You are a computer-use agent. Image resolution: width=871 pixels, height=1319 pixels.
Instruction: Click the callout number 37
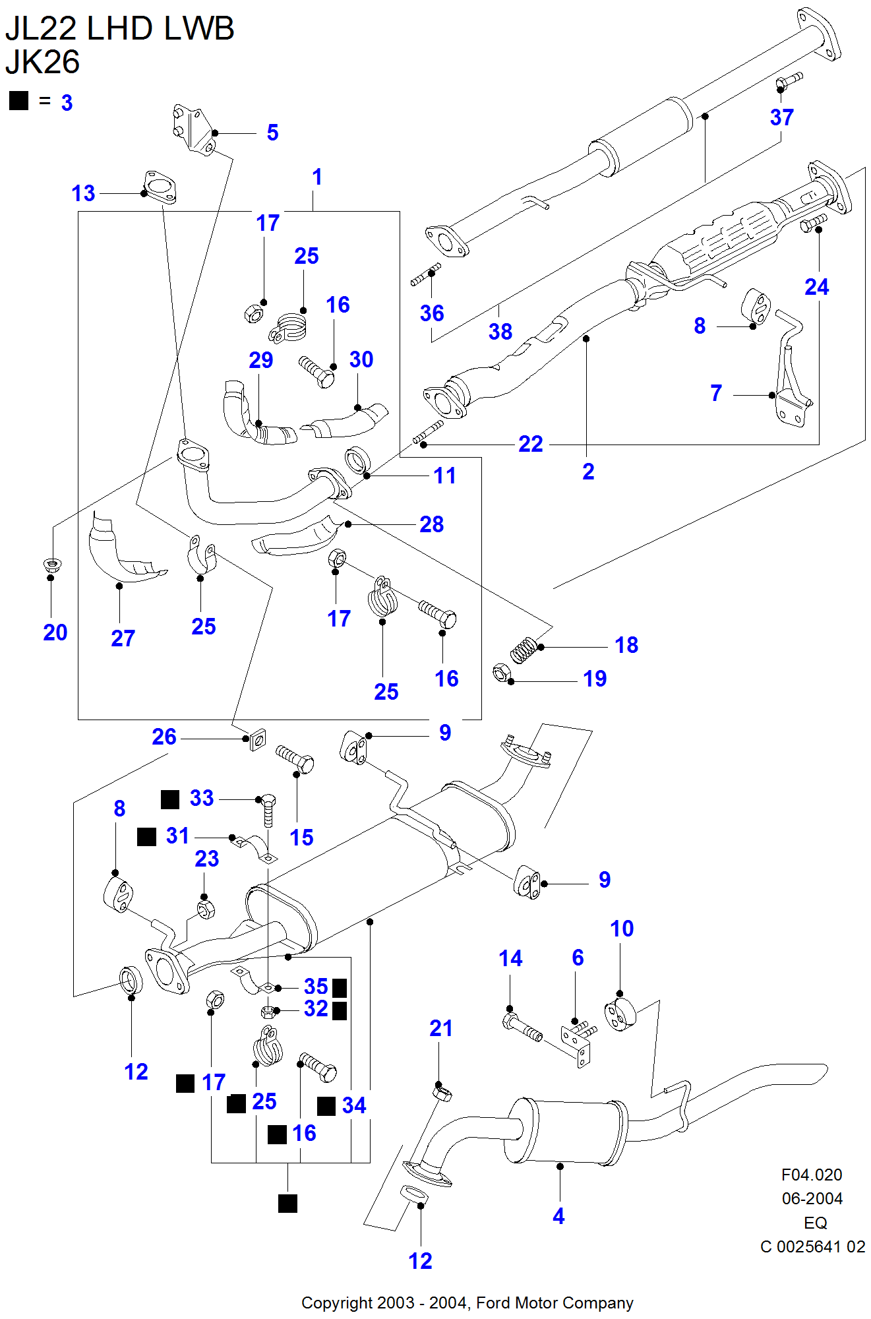(x=781, y=117)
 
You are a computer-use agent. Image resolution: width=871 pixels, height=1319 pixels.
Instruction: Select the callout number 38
(x=500, y=331)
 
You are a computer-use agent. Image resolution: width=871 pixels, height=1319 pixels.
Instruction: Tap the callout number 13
(x=83, y=193)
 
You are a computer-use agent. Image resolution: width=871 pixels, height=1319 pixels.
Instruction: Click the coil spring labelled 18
(x=523, y=649)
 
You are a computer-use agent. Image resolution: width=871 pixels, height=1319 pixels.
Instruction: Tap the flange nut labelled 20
(x=51, y=565)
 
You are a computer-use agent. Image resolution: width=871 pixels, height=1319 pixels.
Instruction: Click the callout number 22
(x=530, y=444)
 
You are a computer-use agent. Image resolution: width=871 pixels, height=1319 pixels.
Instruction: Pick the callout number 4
(x=558, y=1216)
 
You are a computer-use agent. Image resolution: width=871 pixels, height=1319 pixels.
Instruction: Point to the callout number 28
(x=432, y=524)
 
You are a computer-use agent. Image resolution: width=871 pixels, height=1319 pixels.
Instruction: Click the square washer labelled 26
(x=258, y=739)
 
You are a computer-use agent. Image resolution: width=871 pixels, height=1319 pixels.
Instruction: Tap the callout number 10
(x=622, y=929)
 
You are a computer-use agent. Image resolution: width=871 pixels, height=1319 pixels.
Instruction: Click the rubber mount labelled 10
(x=620, y=1014)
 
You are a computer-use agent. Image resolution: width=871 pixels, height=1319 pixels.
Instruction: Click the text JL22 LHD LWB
(x=119, y=28)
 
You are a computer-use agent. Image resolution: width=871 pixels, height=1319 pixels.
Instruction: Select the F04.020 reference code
(x=812, y=1175)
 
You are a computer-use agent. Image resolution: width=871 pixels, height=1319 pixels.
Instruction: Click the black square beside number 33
(x=170, y=799)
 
